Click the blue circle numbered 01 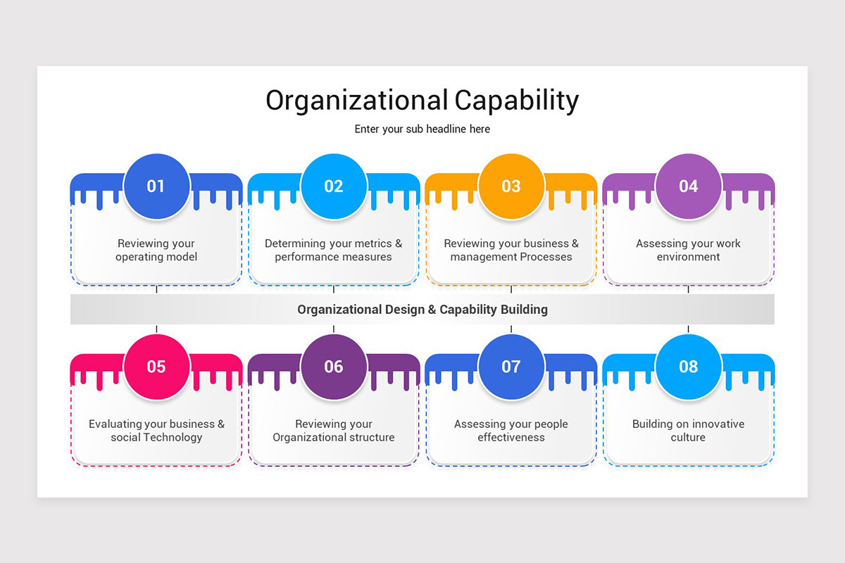[156, 186]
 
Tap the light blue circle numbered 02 [334, 186]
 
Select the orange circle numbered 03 [511, 186]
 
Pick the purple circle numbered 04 [689, 186]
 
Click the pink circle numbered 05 [156, 367]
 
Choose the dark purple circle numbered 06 [334, 367]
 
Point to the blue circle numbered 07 [511, 367]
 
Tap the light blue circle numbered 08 [689, 367]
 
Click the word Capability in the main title [516, 101]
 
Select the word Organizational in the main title [356, 101]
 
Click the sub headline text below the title [423, 129]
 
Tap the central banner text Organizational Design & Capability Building [423, 310]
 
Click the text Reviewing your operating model [156, 251]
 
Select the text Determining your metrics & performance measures [334, 251]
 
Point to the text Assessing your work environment [689, 251]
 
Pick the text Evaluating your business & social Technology [156, 431]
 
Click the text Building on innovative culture [689, 431]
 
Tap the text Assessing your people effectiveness [511, 431]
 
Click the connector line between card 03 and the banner [511, 289]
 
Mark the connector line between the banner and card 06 [334, 329]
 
